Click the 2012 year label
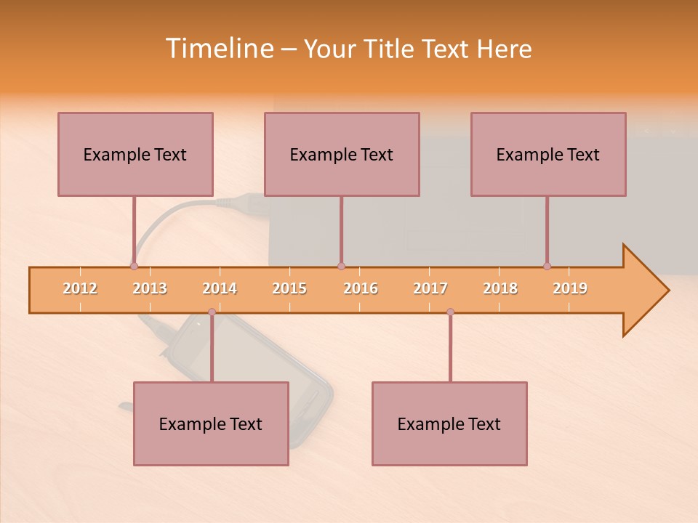pos(80,288)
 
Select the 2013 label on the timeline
pos(150,288)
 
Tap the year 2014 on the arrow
pos(220,288)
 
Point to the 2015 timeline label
pos(289,288)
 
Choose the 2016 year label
pos(361,288)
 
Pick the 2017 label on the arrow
pos(430,288)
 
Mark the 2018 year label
pos(500,288)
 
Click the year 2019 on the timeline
pos(570,288)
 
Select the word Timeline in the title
pos(218,49)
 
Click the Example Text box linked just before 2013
pos(135,154)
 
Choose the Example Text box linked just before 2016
pos(342,154)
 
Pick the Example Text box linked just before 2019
pos(548,154)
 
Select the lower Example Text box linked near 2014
pos(211,423)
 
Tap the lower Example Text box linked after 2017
pos(449,423)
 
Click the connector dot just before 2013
pos(134,267)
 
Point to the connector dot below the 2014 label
pos(212,312)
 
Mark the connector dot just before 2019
pos(547,267)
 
